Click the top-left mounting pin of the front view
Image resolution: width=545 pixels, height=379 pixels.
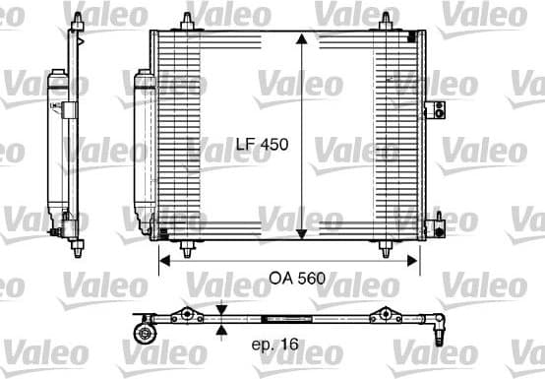pos(186,20)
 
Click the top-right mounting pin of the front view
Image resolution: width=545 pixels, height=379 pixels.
pos(384,20)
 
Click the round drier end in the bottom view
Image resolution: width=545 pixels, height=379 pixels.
pos(145,332)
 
